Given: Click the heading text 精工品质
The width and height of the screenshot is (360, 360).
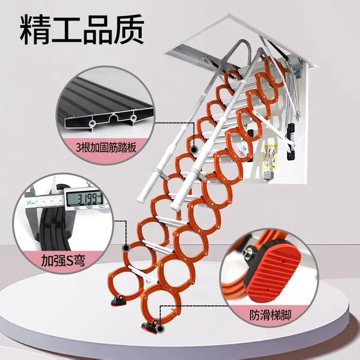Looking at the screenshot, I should tap(81, 29).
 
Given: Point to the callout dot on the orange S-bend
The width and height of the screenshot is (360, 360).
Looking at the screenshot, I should tap(126, 247).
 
